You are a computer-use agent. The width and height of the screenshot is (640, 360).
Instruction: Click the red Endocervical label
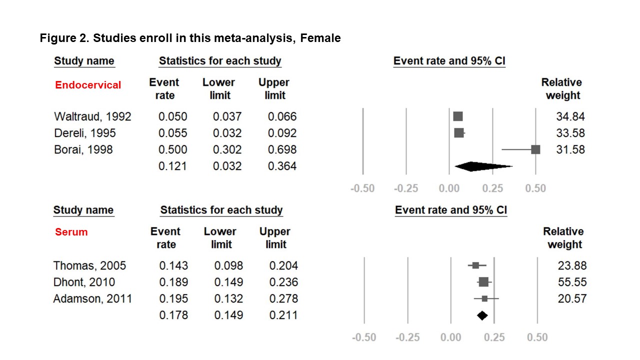88,85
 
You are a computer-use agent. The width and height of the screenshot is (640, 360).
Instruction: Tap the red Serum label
71,232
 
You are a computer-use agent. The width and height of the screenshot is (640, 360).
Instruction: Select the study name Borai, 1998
83,149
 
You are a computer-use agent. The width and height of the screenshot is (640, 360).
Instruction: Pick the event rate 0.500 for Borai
173,149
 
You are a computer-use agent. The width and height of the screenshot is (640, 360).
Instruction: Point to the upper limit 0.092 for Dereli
282,133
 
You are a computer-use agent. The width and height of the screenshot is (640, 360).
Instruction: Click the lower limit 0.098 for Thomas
228,265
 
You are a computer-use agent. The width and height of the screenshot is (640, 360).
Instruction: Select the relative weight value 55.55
572,282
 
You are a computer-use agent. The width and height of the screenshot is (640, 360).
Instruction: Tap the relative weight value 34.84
570,116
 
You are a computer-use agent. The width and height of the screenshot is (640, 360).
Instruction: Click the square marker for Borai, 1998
535,149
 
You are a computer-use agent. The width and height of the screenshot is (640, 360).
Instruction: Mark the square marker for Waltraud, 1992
458,116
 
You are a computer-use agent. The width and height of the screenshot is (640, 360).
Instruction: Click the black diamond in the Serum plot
482,315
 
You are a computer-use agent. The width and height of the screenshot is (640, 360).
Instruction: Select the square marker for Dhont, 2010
483,282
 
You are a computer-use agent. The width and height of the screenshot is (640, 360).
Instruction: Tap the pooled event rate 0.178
174,315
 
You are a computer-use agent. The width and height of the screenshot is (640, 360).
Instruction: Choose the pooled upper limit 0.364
282,166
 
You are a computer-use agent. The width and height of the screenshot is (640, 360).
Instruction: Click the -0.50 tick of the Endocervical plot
362,188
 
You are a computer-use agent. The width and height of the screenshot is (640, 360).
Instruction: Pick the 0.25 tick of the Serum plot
494,337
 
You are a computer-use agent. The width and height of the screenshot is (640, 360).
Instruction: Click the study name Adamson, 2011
92,298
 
